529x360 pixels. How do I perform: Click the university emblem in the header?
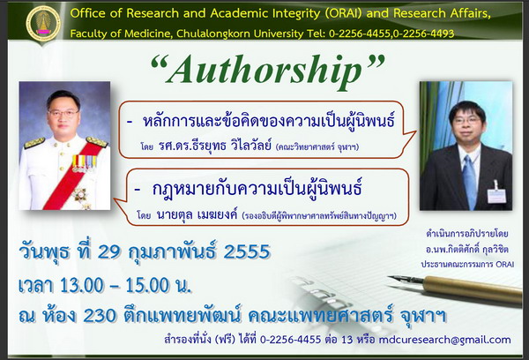(43, 24)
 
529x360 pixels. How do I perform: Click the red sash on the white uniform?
(71, 176)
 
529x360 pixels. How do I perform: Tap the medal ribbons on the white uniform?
(84, 163)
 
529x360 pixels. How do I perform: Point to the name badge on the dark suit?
(496, 196)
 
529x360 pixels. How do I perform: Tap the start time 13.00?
(82, 285)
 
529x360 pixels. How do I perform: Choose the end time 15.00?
(147, 285)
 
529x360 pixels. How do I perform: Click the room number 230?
(100, 315)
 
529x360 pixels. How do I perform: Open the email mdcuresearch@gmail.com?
(444, 340)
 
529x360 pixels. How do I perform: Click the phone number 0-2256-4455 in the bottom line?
(290, 340)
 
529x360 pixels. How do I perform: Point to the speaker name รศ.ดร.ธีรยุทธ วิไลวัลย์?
(215, 146)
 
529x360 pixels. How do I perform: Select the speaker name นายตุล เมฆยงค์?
(197, 214)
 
